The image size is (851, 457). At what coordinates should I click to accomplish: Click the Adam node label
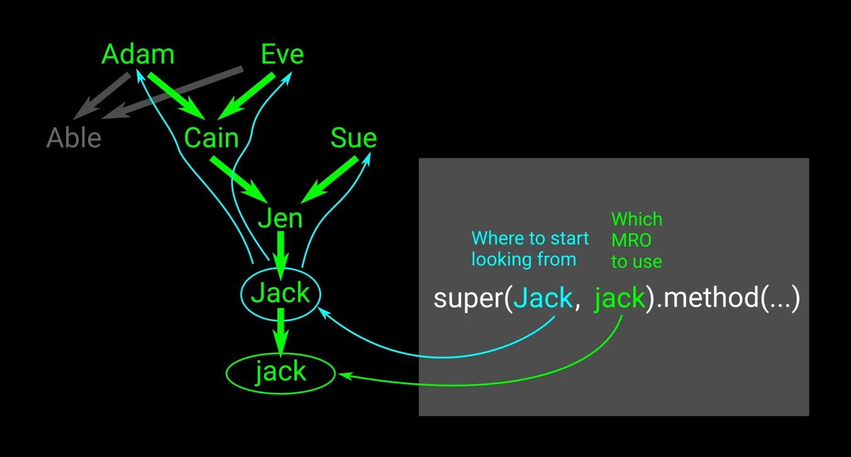tap(138, 55)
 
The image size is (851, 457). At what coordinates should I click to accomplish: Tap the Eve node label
tap(282, 55)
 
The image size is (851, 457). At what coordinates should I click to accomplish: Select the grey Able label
tap(74, 138)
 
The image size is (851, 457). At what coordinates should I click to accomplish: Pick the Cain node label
tap(211, 138)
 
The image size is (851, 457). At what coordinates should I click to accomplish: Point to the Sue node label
tap(353, 138)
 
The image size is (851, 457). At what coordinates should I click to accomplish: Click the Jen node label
tap(281, 218)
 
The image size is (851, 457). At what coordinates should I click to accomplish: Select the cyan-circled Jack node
tap(281, 293)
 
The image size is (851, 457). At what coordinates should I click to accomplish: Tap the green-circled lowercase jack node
tap(281, 372)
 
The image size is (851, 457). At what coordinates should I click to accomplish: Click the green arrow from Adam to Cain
tap(177, 96)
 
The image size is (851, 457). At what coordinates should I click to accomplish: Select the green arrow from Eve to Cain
tap(246, 96)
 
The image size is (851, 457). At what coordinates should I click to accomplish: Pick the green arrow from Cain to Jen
tap(239, 179)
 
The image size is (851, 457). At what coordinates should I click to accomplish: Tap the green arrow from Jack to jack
tap(281, 332)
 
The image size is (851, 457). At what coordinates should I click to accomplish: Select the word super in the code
tap(465, 298)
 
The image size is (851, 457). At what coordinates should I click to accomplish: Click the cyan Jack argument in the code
tap(543, 298)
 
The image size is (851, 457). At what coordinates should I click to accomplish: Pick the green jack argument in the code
tap(620, 298)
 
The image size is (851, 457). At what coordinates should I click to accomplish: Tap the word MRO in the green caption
tap(631, 240)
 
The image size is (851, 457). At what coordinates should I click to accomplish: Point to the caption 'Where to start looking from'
tap(530, 249)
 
